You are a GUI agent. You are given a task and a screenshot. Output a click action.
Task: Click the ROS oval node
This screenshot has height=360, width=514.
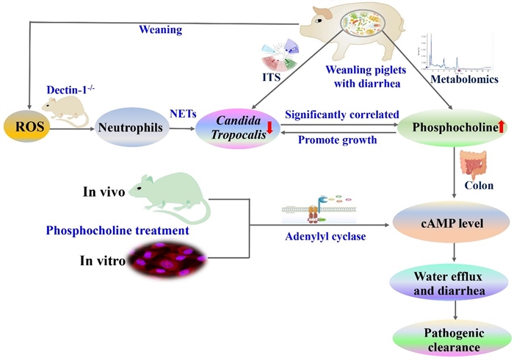27,128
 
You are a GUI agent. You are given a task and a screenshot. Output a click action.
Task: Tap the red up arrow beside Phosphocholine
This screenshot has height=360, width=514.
502,128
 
